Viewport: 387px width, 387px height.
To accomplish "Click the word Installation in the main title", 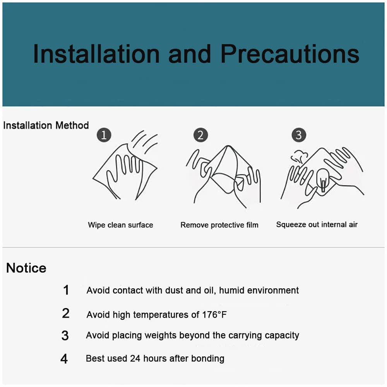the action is coord(96,54).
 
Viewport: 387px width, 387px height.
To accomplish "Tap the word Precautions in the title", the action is coord(290,54).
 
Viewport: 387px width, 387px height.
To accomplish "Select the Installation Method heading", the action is coord(46,125).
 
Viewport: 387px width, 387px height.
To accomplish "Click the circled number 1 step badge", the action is coord(104,135).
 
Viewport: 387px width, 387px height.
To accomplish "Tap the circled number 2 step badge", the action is coord(200,135).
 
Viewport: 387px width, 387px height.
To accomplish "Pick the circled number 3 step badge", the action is coord(299,135).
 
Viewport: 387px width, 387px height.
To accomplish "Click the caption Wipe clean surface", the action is coord(120,225).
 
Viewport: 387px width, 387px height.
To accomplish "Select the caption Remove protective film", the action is coord(219,225).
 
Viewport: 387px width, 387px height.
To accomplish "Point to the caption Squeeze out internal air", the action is coord(317,224).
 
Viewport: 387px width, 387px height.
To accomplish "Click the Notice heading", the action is coord(26,268).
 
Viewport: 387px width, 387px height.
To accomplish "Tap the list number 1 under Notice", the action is coord(66,290).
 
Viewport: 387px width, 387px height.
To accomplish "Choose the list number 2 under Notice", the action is coord(66,313).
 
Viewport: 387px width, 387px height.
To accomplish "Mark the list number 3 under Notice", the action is coord(65,336).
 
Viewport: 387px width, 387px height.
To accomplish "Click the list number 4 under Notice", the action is coord(64,359).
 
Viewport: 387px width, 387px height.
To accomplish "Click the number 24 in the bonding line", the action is coord(135,358).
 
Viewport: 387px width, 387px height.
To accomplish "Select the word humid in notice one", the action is coord(231,290).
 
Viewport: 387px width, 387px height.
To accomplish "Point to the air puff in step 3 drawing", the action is coord(300,156).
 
